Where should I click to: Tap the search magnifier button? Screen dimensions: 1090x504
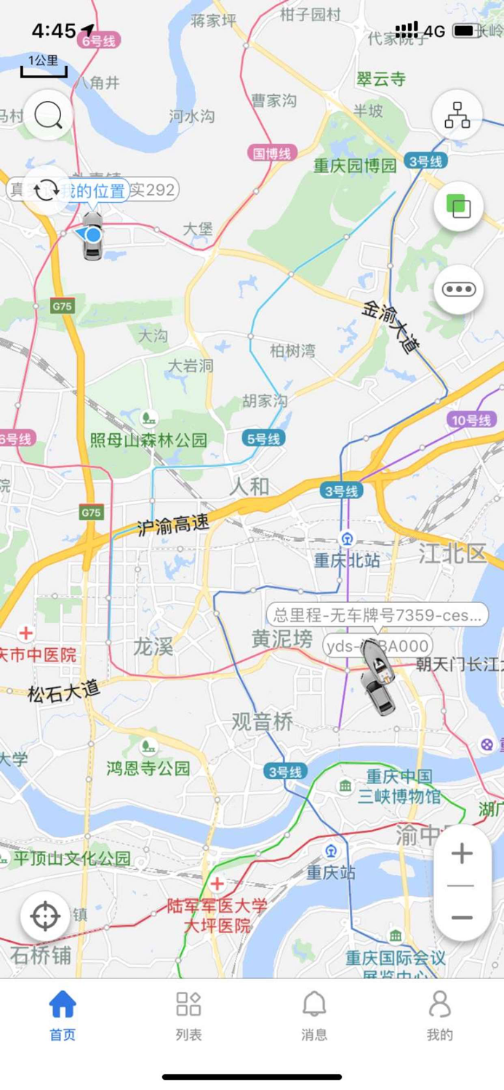coord(48,115)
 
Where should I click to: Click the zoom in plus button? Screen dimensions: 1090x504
coord(462,853)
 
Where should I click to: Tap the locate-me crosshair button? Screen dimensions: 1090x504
coord(45,916)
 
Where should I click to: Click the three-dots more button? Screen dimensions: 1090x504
coord(458,289)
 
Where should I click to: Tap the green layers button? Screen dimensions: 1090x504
coord(458,206)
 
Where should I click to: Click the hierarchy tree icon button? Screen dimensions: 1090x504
coord(457,115)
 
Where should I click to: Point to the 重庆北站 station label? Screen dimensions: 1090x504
coord(347,560)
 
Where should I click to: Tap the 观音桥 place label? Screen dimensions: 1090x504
coord(263,722)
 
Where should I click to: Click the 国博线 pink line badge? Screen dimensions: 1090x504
coord(272,153)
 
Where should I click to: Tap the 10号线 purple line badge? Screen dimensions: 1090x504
coord(472,420)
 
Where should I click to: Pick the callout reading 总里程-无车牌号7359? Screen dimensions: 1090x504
coord(377,615)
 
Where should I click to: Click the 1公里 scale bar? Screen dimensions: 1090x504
coord(44,65)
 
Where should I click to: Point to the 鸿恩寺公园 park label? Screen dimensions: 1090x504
coord(148,767)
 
